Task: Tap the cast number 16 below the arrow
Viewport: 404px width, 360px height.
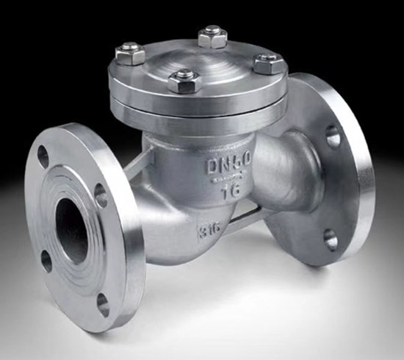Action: (231, 192)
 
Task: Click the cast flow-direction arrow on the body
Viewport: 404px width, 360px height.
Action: (227, 179)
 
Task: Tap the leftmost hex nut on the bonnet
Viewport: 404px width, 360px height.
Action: (130, 54)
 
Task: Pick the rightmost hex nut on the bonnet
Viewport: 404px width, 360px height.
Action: (269, 64)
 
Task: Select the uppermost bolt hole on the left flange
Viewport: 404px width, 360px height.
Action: (43, 156)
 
